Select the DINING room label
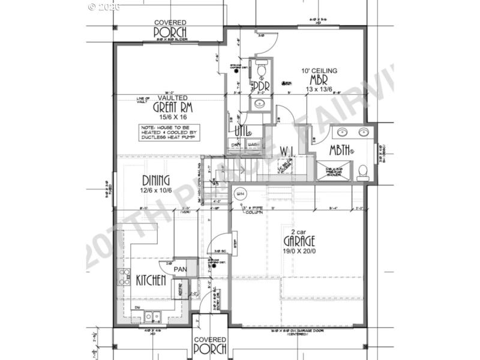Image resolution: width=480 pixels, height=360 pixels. coord(155,180)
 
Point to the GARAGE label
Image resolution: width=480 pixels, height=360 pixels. coord(299,241)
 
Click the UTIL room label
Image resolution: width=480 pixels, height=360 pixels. coord(242,131)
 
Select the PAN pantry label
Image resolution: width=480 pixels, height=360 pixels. coord(179,271)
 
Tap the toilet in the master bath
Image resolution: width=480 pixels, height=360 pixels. coord(363,172)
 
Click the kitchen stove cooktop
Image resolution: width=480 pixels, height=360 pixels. coord(125,277)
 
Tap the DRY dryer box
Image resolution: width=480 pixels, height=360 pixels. coord(236,145)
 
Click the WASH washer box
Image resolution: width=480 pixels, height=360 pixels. coord(253,145)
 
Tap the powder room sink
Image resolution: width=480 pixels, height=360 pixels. coord(260,103)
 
